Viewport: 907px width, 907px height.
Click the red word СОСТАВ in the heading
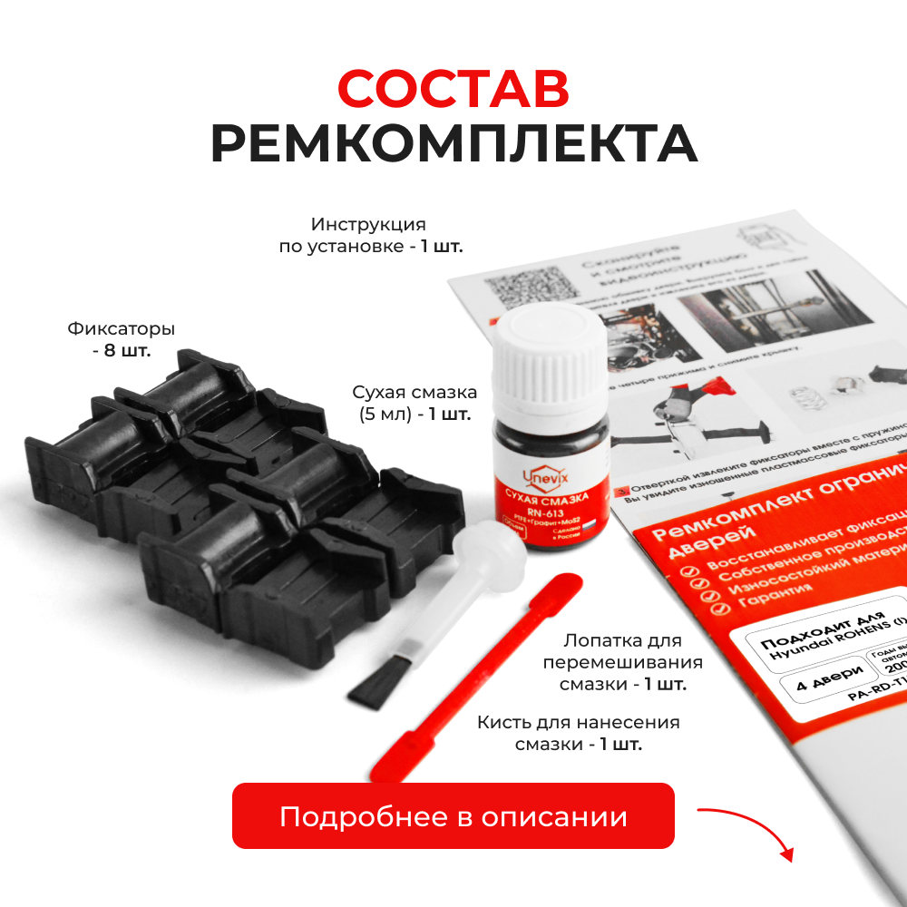(x=453, y=88)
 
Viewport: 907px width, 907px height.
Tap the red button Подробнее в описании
(x=453, y=816)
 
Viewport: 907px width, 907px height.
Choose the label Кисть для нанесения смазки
(x=578, y=733)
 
